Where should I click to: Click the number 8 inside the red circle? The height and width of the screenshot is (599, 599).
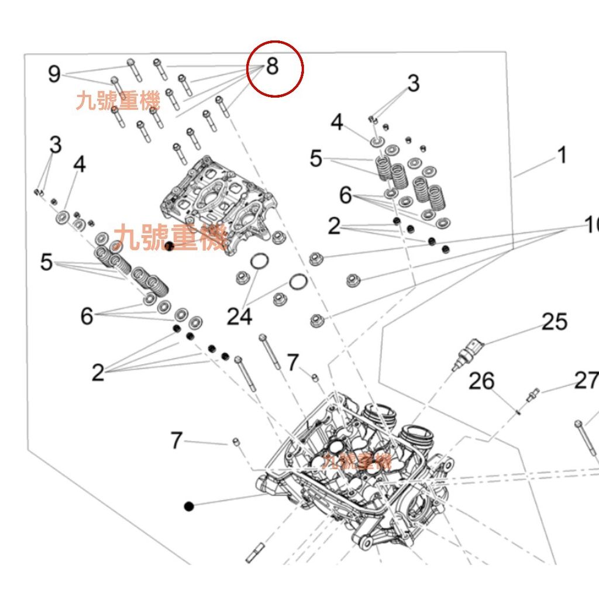(273, 67)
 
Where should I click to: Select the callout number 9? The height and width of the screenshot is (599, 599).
(54, 74)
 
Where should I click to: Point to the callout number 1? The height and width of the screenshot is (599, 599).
(561, 156)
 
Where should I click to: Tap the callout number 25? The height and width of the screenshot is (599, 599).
(554, 321)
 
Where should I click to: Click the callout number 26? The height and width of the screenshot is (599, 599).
(482, 381)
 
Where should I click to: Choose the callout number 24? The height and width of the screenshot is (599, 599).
(240, 316)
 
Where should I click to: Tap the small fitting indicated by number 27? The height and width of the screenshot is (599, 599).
(532, 395)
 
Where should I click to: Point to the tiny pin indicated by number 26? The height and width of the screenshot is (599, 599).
(519, 411)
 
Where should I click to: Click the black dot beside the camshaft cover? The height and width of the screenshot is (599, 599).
(169, 246)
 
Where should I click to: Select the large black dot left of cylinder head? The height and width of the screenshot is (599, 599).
(188, 506)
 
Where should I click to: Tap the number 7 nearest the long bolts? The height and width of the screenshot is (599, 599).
(293, 362)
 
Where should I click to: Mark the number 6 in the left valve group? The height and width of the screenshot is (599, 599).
(87, 316)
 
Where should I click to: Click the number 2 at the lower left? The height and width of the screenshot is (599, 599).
(98, 372)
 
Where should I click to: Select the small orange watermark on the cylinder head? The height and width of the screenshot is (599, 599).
(356, 462)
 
